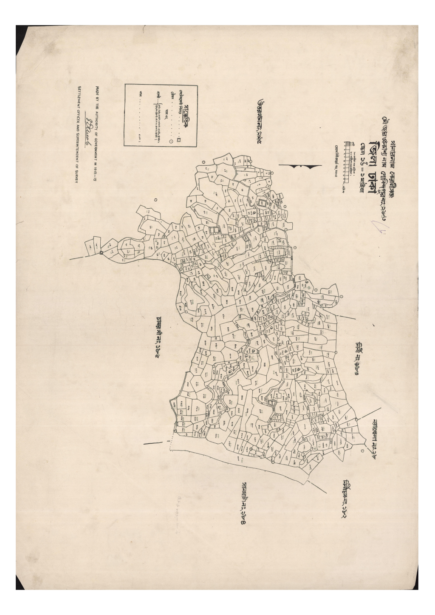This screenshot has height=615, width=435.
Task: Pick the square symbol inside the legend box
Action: [179, 139]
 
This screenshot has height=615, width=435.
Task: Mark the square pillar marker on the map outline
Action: [102, 253]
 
